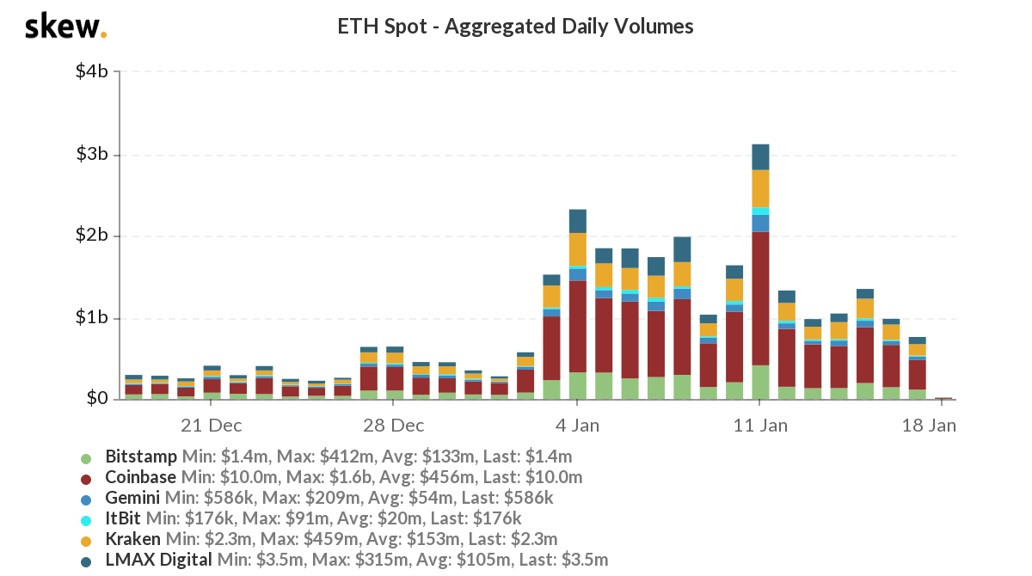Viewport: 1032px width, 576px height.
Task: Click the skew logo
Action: click(x=65, y=27)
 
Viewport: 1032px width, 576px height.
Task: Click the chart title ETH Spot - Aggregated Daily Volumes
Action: click(x=516, y=27)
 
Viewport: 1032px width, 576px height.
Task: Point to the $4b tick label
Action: click(x=92, y=71)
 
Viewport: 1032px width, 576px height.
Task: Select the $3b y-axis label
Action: click(x=92, y=155)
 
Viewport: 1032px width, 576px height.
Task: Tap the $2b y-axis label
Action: click(x=92, y=236)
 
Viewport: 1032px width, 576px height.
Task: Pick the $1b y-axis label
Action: click(x=92, y=318)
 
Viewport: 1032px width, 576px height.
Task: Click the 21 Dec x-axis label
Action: click(x=212, y=425)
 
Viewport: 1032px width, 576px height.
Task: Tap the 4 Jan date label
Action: click(x=578, y=425)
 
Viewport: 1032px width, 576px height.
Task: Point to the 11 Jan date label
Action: click(x=760, y=425)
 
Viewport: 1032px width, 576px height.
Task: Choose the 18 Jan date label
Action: click(x=928, y=425)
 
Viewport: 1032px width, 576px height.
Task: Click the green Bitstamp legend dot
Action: click(x=86, y=457)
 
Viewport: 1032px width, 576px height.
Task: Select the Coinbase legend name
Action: click(x=141, y=477)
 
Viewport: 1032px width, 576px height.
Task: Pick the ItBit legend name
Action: click(x=123, y=518)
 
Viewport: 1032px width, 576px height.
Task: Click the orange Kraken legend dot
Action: click(x=86, y=540)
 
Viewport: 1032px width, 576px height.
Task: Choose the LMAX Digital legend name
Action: click(x=158, y=561)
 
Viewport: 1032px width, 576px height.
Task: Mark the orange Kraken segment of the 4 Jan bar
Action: click(x=578, y=249)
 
